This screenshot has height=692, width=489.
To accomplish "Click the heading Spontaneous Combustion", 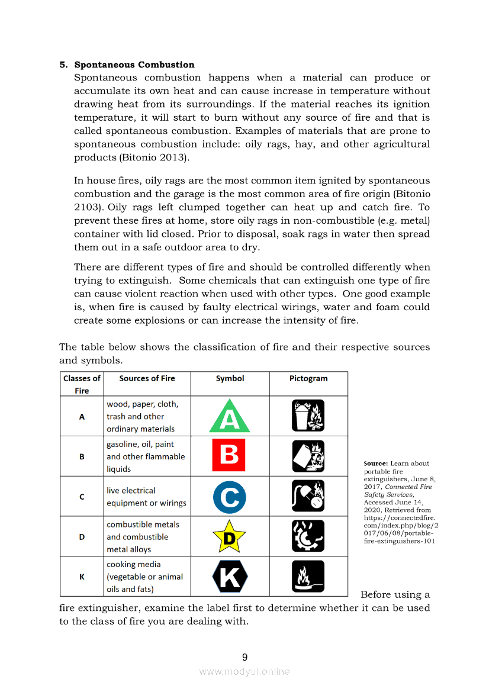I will coord(134,65).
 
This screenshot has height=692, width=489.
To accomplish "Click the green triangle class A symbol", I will coord(230,416).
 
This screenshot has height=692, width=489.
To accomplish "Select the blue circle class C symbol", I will coord(230,497).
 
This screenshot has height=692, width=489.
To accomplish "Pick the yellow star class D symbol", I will coord(229,537).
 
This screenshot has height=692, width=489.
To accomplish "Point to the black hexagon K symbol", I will coord(230,576).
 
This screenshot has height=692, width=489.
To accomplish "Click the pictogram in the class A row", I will coord(308,416).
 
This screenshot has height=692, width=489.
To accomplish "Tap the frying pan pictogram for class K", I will coord(308,576).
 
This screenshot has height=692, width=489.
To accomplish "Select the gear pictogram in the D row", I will coord(308,536).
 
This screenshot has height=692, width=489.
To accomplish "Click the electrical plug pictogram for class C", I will coord(308,496).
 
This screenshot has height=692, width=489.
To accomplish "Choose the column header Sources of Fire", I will coord(147,378).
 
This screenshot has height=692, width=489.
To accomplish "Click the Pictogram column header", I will coord(308,378).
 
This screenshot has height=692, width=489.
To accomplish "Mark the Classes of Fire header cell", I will coord(82,384).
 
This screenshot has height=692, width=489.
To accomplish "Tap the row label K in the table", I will coord(82,577).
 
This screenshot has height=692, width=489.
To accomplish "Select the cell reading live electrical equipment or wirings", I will coord(146,497).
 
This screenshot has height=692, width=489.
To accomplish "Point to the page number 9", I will coord(244,657).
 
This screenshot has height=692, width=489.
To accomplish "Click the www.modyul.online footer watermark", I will coord(244,671).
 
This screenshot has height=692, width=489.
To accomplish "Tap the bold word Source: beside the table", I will coord(376,464).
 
